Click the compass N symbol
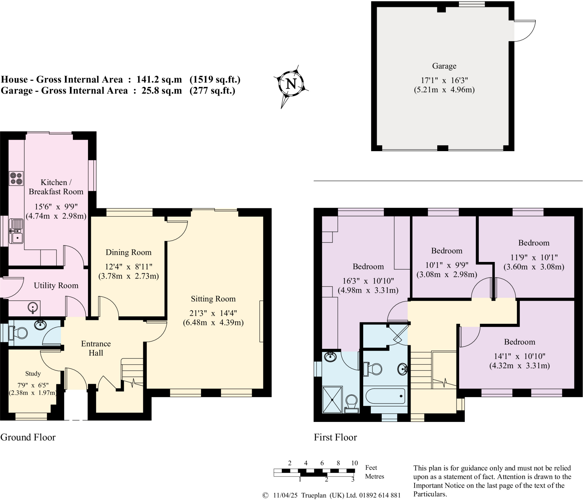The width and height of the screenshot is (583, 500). [291, 84]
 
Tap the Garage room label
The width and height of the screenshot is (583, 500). [444, 66]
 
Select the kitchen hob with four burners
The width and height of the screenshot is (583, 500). [16, 178]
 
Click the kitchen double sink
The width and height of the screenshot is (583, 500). [16, 231]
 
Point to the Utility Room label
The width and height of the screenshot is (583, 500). [56, 286]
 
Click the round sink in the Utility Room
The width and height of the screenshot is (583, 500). [33, 307]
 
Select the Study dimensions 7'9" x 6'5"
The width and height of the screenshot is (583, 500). [33, 385]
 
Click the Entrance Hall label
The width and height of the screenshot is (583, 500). [96, 348]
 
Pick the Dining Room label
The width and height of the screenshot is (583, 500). [128, 252]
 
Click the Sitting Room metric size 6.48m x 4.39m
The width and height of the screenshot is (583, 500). [213, 323]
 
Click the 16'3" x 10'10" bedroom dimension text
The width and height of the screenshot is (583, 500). [368, 281]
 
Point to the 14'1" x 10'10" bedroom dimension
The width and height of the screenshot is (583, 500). [520, 356]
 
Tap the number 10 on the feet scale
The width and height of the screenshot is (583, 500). [354, 463]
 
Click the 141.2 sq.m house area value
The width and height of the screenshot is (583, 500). [159, 79]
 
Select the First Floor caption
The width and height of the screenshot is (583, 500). [335, 437]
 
